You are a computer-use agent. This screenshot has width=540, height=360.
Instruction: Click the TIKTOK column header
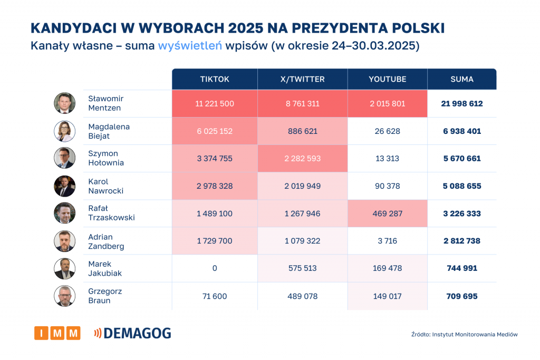tap(215, 79)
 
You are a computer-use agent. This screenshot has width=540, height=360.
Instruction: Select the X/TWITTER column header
tap(303, 79)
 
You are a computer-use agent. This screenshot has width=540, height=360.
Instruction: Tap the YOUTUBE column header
tap(388, 79)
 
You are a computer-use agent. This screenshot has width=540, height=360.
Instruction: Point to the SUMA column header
tap(462, 79)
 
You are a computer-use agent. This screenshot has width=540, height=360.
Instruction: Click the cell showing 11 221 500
tap(215, 104)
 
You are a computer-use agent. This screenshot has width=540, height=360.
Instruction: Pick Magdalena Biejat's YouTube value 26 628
tap(388, 131)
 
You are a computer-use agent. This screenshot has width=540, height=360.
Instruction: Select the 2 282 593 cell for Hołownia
tap(303, 159)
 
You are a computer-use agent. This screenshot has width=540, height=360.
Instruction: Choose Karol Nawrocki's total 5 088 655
tap(462, 186)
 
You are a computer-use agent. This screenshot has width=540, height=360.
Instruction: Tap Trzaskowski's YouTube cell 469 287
tap(388, 213)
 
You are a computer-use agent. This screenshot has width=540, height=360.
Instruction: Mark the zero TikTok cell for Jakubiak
tap(215, 268)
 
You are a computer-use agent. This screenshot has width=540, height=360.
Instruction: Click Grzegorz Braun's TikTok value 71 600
tap(215, 296)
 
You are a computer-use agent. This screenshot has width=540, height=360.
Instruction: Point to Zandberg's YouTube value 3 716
tap(388, 241)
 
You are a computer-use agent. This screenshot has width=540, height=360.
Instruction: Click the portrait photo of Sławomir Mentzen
tap(64, 103)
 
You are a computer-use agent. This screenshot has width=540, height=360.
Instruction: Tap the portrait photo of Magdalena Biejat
tap(64, 131)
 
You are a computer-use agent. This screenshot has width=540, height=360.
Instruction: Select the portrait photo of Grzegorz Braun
tap(64, 296)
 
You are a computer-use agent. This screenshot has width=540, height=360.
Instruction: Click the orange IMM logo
tap(57, 333)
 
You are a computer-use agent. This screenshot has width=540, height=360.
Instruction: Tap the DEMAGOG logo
tap(132, 333)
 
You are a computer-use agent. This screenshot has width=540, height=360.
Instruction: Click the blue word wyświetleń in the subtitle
tap(189, 46)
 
